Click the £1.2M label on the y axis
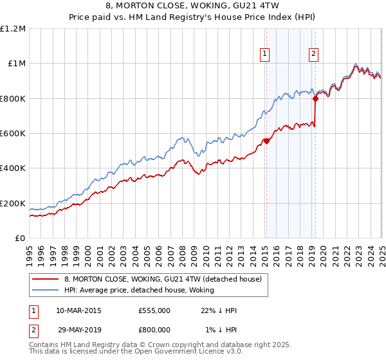point(13,28)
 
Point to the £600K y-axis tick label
point(13,134)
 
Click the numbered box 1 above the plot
point(266,55)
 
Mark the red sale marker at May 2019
point(316,98)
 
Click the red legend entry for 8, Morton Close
point(162,279)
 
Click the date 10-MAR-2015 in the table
point(78,310)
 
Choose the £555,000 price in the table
point(154,310)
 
